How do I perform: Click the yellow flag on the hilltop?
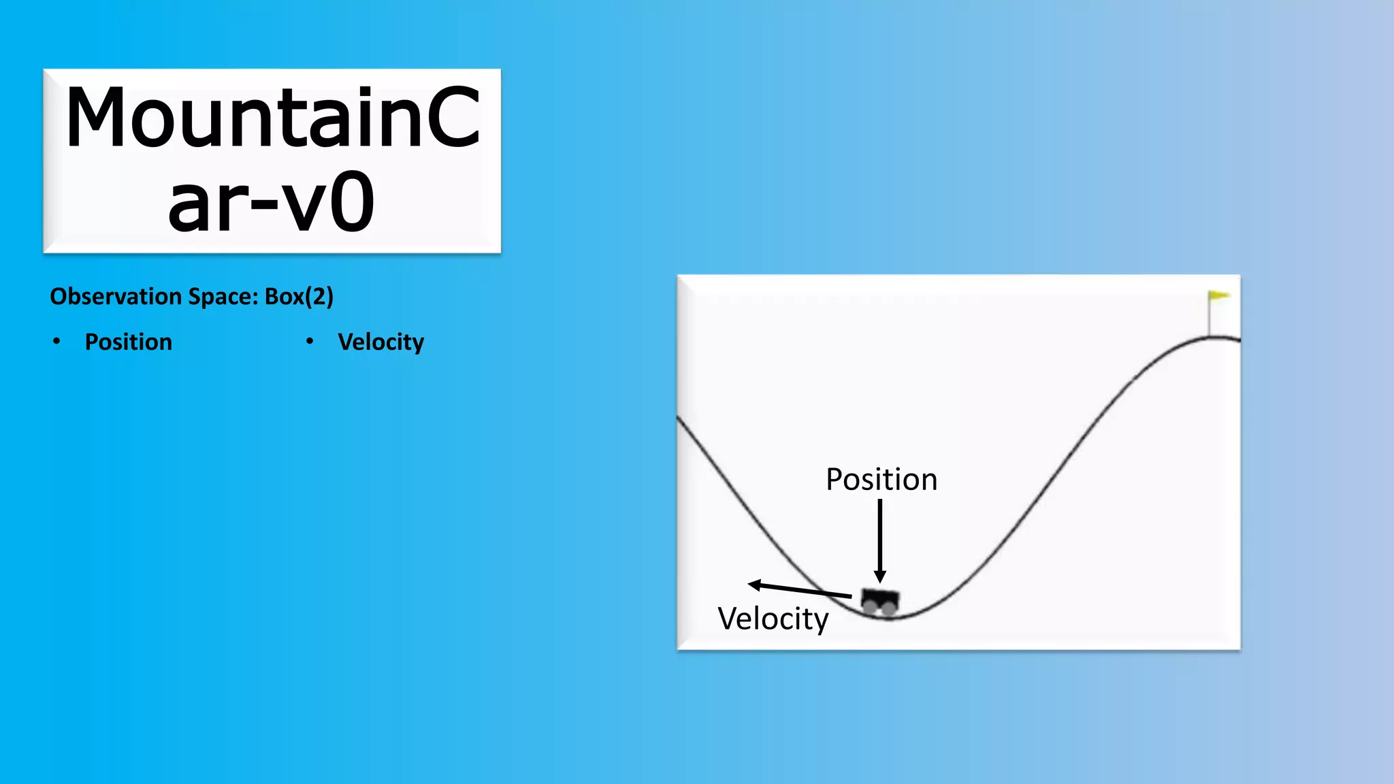(1219, 295)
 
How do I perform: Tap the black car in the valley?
(880, 600)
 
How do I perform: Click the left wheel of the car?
(871, 607)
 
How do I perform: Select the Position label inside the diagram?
(881, 480)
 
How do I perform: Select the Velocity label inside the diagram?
(773, 619)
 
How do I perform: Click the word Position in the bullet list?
(128, 342)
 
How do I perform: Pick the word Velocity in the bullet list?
(380, 342)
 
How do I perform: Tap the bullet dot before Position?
(56, 341)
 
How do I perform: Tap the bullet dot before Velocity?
(310, 341)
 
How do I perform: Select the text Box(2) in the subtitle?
(299, 297)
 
